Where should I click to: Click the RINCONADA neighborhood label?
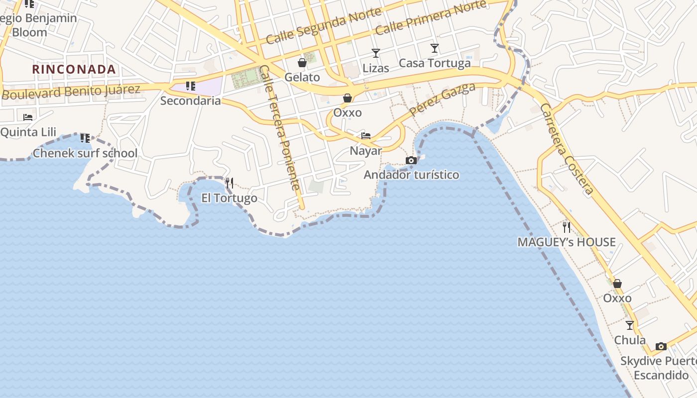tap(74, 69)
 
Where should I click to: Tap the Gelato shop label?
tap(302, 77)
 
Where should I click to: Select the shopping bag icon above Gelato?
tap(302, 63)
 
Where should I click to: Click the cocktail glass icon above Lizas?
tap(375, 53)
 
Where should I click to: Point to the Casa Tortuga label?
tap(435, 63)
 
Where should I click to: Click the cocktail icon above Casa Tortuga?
tap(435, 48)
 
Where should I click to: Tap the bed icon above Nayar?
tap(366, 136)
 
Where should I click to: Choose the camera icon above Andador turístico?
tap(411, 160)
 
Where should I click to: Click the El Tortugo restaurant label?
tap(229, 198)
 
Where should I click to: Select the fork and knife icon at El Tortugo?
tap(229, 183)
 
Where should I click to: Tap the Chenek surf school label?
tap(85, 153)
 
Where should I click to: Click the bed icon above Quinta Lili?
tap(28, 117)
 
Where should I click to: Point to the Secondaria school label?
tap(190, 100)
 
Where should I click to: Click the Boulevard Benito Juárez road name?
tap(71, 92)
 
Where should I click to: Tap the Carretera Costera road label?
tap(567, 149)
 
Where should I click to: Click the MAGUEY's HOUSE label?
tap(567, 242)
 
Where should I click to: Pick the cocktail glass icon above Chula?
tap(630, 325)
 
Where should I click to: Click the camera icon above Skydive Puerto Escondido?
tap(661, 346)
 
